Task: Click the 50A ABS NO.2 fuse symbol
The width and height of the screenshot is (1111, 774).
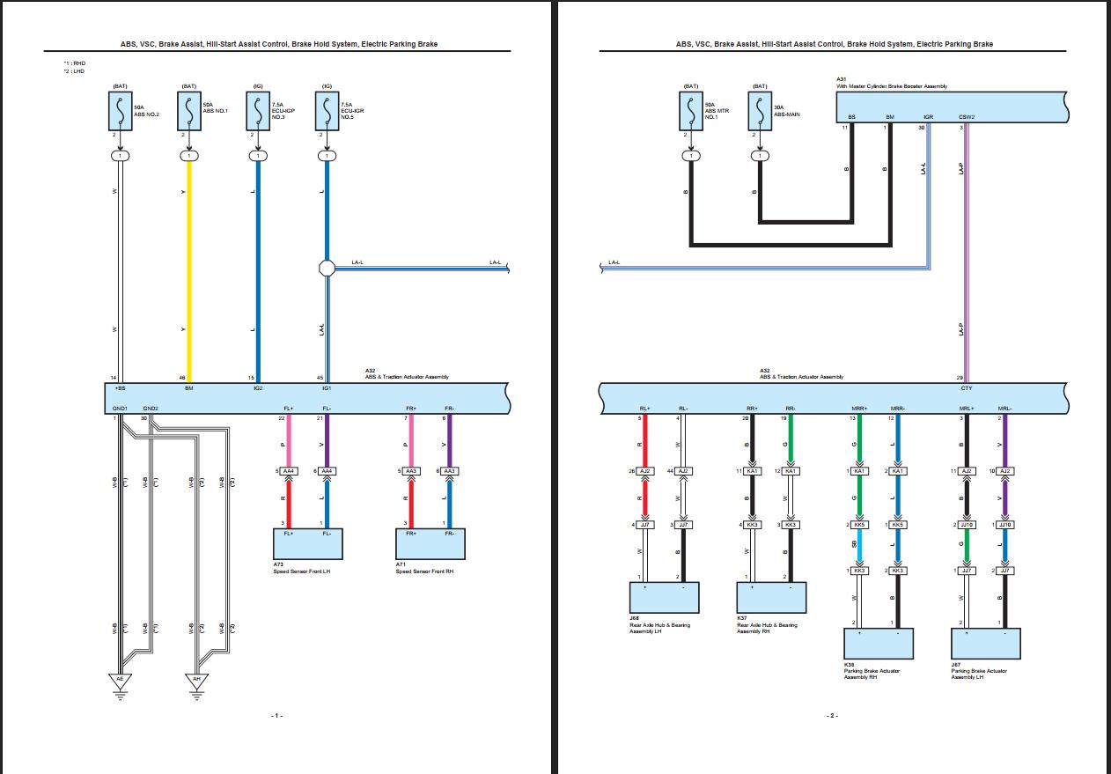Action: click(120, 112)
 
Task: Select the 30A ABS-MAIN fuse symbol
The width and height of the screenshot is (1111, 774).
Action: click(760, 112)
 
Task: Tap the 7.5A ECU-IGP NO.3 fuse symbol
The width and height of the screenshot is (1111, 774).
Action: click(257, 112)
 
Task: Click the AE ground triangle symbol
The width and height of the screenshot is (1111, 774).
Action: click(120, 680)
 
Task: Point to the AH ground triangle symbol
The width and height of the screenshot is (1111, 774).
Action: click(196, 680)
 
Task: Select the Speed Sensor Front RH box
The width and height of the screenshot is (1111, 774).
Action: click(431, 543)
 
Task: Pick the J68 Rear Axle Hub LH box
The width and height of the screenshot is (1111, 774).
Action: click(665, 597)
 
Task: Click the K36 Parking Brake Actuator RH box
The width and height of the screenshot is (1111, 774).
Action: click(878, 643)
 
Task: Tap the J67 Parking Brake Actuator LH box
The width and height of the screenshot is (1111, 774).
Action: click(986, 643)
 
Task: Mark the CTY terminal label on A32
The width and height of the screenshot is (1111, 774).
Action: click(967, 388)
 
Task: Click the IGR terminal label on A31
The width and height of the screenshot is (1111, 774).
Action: click(928, 116)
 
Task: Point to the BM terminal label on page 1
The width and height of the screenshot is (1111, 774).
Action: click(188, 388)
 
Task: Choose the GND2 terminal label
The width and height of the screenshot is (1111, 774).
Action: click(151, 409)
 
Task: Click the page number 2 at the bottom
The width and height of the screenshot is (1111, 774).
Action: click(832, 715)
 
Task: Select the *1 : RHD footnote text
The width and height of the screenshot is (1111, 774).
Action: click(74, 63)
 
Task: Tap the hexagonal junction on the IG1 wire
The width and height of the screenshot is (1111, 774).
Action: click(327, 268)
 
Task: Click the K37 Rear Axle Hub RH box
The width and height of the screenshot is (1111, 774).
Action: click(771, 597)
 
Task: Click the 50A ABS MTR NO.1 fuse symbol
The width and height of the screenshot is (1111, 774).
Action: click(691, 112)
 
